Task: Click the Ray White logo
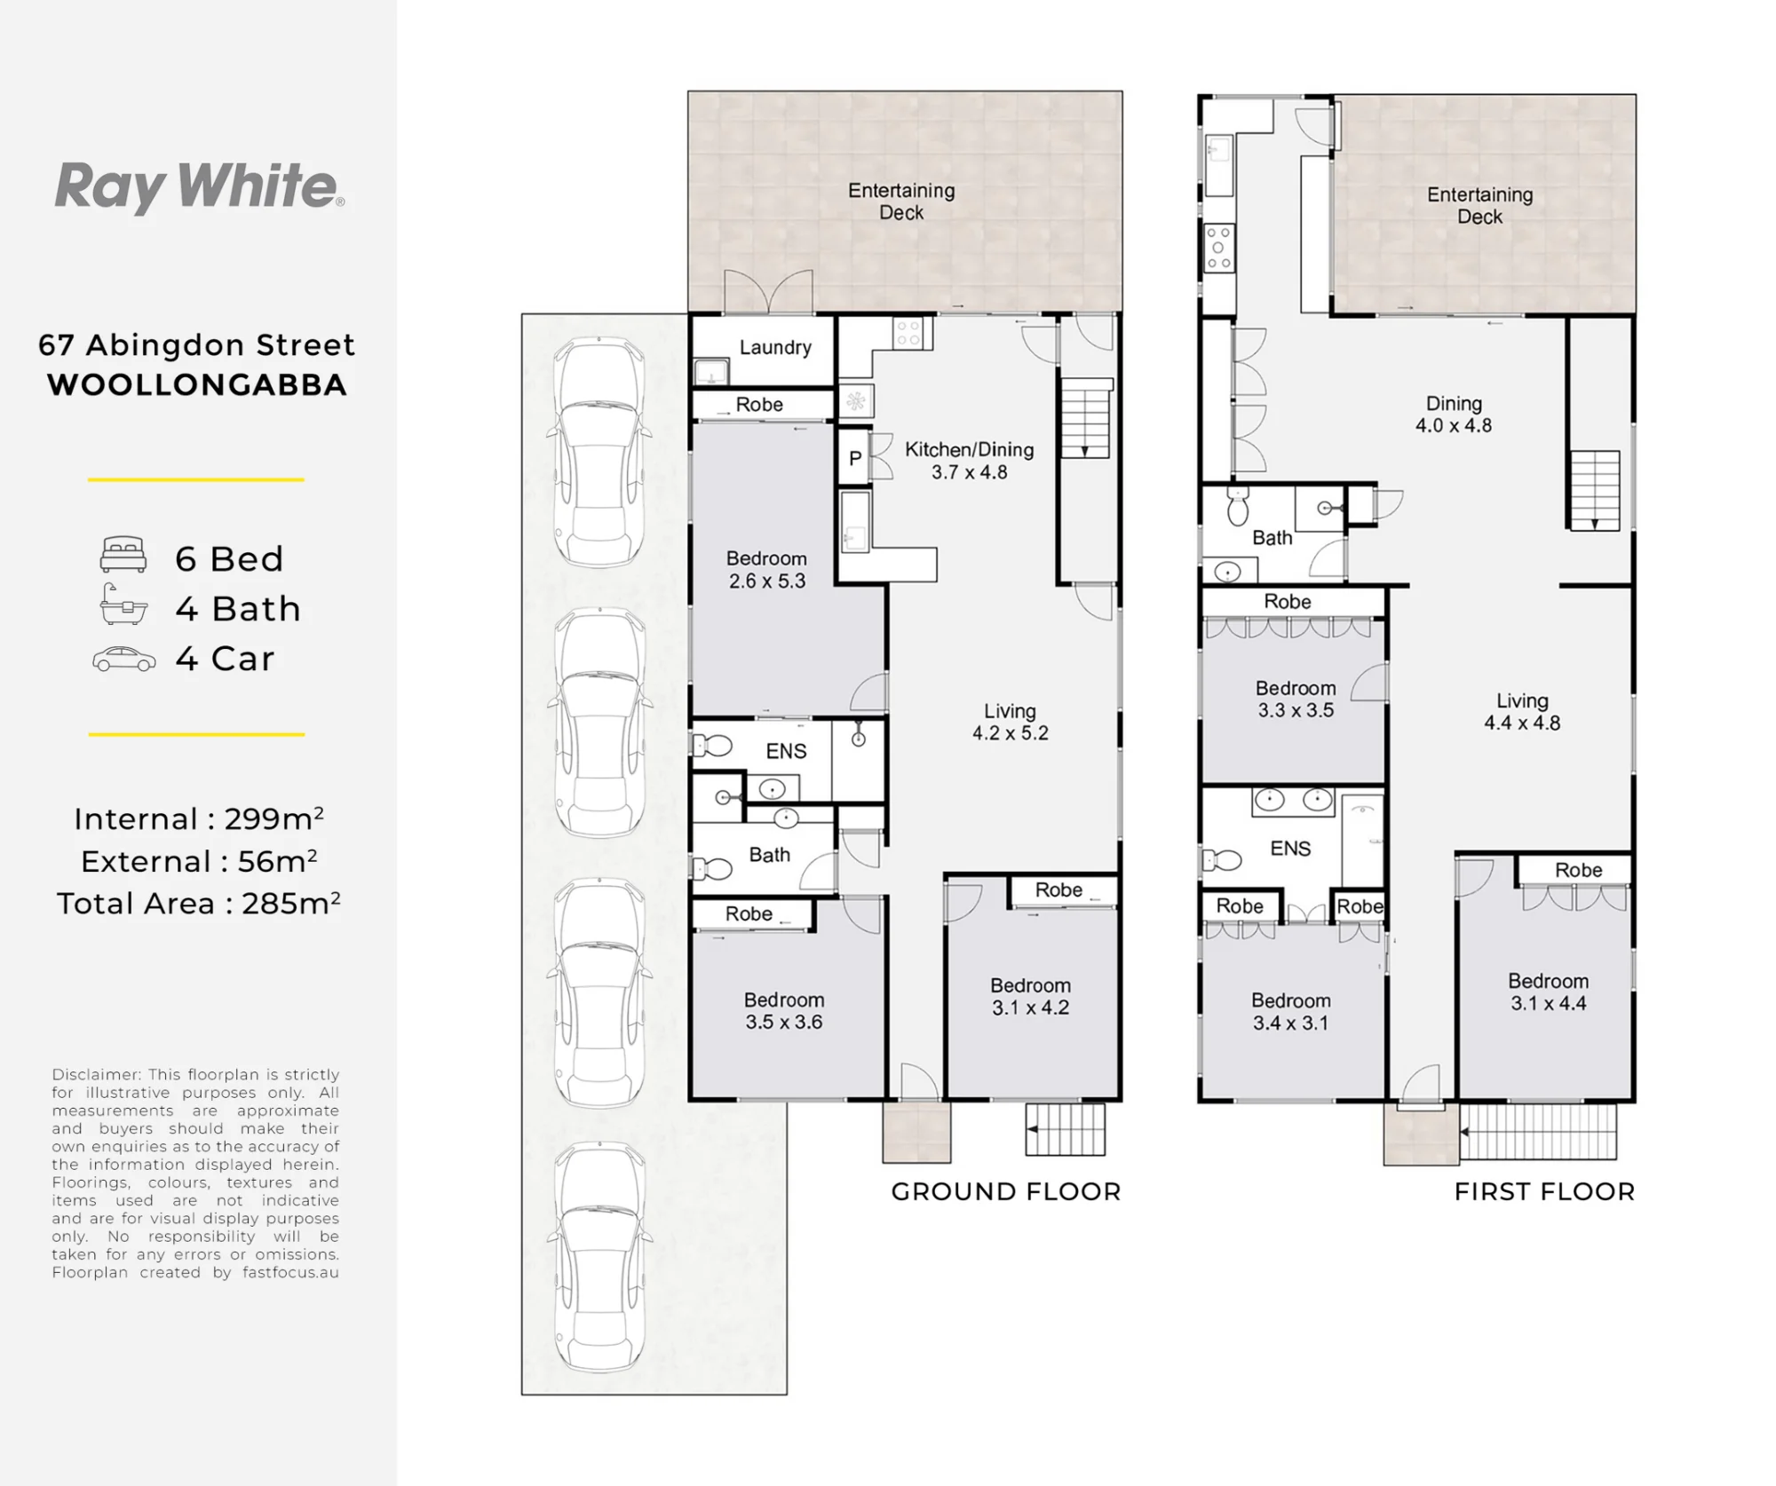click(200, 187)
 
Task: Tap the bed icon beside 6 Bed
click(123, 554)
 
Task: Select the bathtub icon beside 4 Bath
click(123, 605)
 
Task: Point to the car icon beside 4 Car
click(124, 659)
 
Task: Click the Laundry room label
click(775, 347)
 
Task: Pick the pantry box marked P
click(854, 457)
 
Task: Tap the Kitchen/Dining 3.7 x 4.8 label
click(969, 461)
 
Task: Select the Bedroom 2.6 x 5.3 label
click(766, 569)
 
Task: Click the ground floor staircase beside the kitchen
click(1084, 418)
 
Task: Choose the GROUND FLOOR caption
click(1006, 1191)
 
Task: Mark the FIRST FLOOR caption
click(1544, 1191)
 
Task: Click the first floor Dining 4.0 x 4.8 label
click(1454, 415)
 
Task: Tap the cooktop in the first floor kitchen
click(1219, 248)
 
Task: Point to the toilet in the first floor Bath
click(1237, 505)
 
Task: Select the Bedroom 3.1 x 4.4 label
click(1548, 992)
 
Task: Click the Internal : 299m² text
click(199, 818)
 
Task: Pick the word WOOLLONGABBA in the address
click(197, 385)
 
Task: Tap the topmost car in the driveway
click(599, 452)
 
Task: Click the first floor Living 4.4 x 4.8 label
click(1522, 712)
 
